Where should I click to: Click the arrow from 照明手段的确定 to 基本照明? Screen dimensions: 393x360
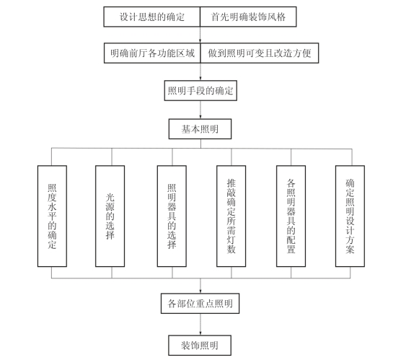[x=200, y=110]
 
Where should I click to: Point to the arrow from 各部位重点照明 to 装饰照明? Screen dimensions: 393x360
[x=200, y=325]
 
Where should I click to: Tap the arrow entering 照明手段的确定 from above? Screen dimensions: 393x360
[x=200, y=71]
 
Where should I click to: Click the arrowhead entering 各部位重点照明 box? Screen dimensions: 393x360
[x=200, y=291]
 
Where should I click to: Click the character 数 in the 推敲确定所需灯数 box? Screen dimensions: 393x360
[x=231, y=249]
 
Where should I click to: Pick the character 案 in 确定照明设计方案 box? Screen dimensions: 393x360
[x=350, y=250]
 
